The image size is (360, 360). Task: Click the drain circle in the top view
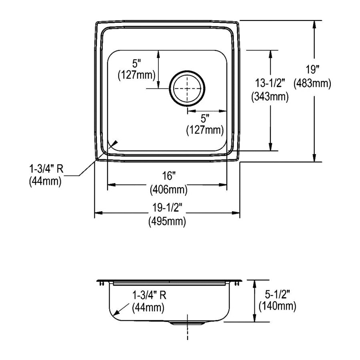tap(170, 88)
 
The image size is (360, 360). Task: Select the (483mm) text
tap(312, 83)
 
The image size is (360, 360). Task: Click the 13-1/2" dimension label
tap(270, 83)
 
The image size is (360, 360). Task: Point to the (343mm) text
tap(270, 97)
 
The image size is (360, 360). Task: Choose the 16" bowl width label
tap(169, 176)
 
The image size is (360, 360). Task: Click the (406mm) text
tap(169, 190)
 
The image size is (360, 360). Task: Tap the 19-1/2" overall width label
tap(167, 208)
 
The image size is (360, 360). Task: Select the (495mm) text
tap(167, 222)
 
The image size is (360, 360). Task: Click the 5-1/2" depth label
tap(277, 294)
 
